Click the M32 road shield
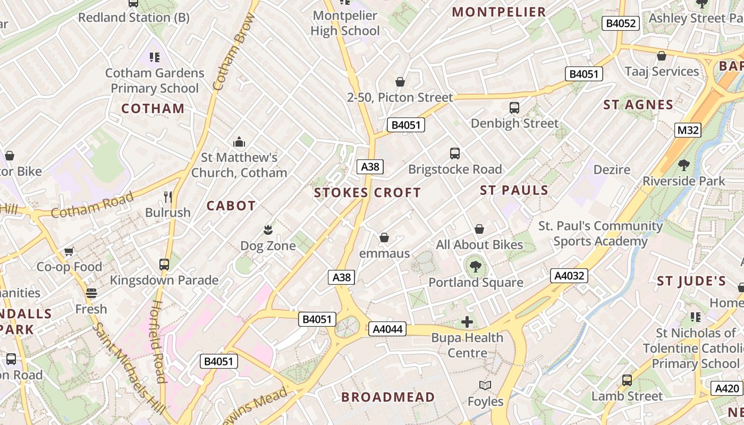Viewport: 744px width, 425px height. click(688, 130)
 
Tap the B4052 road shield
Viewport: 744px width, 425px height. click(621, 23)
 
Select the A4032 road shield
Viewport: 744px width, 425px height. click(569, 276)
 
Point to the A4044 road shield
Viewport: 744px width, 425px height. click(387, 329)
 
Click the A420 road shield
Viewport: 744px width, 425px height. click(726, 388)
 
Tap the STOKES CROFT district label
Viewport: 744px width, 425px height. click(367, 193)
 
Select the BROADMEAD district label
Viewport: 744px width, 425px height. click(388, 397)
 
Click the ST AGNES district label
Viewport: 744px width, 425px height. click(638, 105)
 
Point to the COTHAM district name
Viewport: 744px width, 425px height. click(153, 109)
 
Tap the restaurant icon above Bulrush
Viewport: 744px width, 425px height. click(168, 197)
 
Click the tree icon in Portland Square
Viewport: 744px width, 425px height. click(475, 267)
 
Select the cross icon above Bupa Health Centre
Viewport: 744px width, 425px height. click(467, 322)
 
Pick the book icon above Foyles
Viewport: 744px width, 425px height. click(485, 386)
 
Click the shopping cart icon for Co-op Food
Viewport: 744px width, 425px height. click(69, 251)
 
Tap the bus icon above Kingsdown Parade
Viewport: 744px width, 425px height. click(164, 264)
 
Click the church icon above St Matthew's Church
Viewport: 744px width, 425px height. click(239, 142)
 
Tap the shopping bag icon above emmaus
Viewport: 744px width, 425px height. click(384, 237)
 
